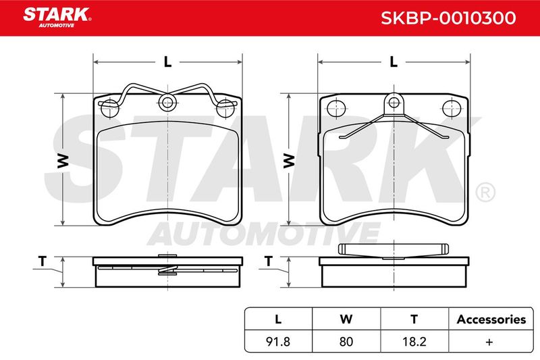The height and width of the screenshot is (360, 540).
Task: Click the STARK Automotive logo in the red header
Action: [57, 18]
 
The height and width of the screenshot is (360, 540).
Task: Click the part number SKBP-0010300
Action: [448, 18]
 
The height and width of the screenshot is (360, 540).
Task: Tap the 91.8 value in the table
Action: [278, 341]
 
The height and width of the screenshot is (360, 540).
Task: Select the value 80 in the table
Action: [346, 341]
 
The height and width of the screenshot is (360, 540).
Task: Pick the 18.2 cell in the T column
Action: [414, 341]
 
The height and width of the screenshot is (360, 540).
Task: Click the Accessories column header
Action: [491, 319]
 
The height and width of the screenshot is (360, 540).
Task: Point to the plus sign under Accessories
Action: [489, 342]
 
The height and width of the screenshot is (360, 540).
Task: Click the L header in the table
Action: [278, 319]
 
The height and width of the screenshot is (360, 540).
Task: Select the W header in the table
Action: [346, 319]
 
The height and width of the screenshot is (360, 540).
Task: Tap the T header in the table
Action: [414, 319]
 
